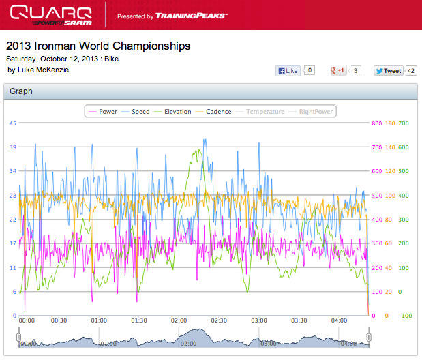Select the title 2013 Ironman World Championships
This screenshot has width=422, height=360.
pyautogui.click(x=98, y=46)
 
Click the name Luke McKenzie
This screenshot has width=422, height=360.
pyautogui.click(x=42, y=70)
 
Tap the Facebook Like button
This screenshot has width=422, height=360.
pyautogui.click(x=288, y=70)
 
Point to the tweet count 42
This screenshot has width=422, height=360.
pyautogui.click(x=411, y=70)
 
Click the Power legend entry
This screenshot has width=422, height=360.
pyautogui.click(x=103, y=112)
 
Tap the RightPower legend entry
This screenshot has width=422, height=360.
pyautogui.click(x=313, y=112)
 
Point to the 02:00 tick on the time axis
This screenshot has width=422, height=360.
pyautogui.click(x=179, y=320)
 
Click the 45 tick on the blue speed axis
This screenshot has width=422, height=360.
pyautogui.click(x=12, y=123)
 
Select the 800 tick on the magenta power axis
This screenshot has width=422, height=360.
pyautogui.click(x=376, y=123)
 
